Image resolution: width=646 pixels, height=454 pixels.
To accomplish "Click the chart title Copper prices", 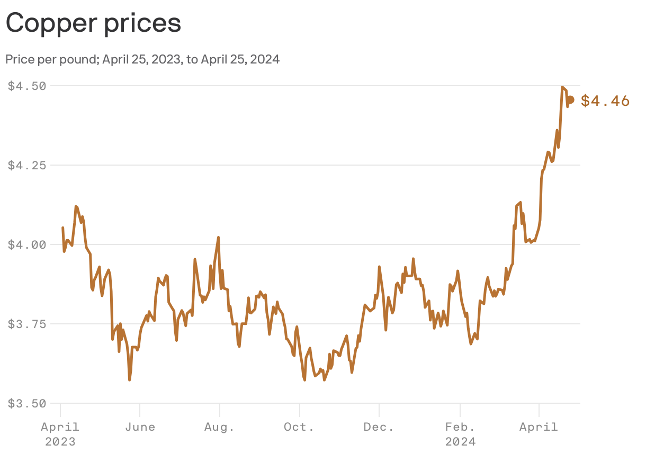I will [93, 23].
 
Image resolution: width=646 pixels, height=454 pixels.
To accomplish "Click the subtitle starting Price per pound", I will [142, 59].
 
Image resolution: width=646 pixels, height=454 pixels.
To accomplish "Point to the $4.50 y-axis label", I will [27, 86].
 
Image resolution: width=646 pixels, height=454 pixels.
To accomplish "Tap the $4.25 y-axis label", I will [27, 165].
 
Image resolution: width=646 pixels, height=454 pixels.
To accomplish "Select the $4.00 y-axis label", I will [27, 244].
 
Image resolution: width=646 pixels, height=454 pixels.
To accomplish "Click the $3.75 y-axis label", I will [27, 324].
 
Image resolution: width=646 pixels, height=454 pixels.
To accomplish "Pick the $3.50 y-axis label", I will [27, 403].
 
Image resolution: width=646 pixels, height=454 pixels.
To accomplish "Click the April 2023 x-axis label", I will [60, 434].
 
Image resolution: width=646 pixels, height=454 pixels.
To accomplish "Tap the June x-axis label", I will [140, 427].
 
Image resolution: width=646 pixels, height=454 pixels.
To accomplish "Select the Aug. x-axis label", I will [220, 427].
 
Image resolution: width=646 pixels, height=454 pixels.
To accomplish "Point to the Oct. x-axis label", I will [300, 427].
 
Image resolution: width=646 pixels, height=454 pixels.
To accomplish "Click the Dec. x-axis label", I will [379, 427].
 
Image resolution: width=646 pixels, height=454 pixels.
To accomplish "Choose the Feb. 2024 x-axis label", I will [460, 434].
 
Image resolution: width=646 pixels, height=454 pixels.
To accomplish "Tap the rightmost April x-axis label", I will [539, 427].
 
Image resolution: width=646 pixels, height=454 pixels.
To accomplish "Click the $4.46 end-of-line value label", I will [605, 101].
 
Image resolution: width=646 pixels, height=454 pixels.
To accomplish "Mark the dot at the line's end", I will [570, 99].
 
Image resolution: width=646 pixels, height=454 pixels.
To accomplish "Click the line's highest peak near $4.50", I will [562, 87].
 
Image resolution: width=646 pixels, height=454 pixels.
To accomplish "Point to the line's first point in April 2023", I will [62, 228].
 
